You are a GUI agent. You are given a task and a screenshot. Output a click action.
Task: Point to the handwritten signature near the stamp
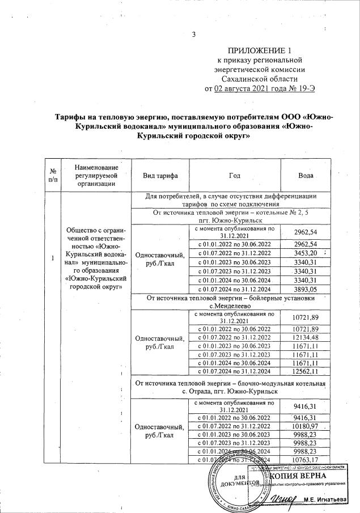(x=282, y=498)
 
